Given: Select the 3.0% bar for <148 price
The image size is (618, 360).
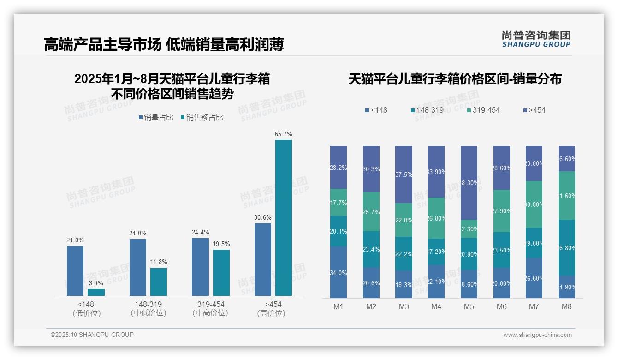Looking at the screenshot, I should click(x=96, y=292).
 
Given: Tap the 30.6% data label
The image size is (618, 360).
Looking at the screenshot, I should click(x=262, y=217).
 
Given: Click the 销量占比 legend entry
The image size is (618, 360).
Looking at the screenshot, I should click(x=156, y=118).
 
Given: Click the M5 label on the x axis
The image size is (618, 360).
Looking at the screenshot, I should click(x=469, y=306).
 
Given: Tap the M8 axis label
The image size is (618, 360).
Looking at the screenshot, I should click(x=567, y=306).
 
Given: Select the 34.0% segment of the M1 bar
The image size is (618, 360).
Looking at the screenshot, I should click(x=339, y=272).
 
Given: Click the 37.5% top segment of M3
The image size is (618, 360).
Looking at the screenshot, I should click(x=404, y=174).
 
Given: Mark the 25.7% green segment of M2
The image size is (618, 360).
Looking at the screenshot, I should click(x=371, y=211).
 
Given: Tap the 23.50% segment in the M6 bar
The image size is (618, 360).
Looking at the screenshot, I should click(x=502, y=250).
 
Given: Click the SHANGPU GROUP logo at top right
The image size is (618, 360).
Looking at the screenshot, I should click(x=536, y=39).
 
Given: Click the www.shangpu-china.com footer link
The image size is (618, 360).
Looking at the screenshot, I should click(x=537, y=335).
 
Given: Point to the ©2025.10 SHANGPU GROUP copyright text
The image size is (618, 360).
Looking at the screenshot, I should click(x=92, y=335).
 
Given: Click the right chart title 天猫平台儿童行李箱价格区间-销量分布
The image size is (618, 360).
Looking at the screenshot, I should click(x=455, y=79).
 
